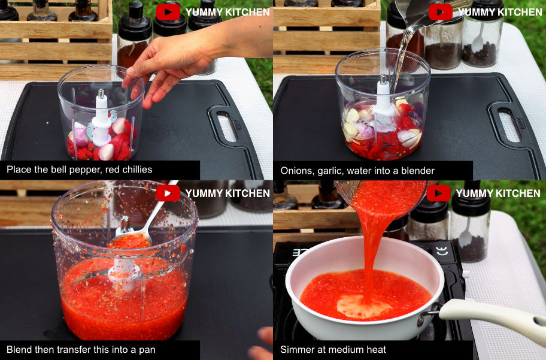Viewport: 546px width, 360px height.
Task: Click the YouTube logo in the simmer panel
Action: [x=439, y=193]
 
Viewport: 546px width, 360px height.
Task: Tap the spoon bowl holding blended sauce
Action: [x=129, y=240]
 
